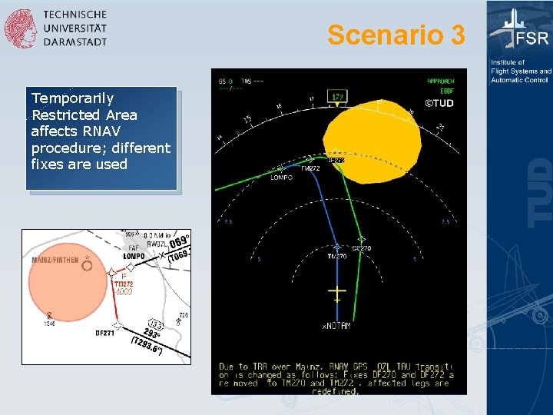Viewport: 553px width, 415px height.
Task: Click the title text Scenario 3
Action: [x=396, y=35]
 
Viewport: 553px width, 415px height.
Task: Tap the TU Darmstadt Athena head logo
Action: [x=20, y=28]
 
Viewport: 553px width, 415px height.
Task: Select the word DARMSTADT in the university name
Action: [x=75, y=41]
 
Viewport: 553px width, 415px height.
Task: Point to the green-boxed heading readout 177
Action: [x=337, y=96]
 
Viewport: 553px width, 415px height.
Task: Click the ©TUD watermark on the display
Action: [x=439, y=103]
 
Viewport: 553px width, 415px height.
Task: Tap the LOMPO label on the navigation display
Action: [x=281, y=178]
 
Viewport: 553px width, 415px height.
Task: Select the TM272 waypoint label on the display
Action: [x=310, y=168]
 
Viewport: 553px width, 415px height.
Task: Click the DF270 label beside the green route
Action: [x=362, y=248]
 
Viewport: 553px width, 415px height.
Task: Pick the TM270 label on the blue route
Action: [x=337, y=257]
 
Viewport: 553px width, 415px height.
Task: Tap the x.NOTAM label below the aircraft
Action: [x=336, y=326]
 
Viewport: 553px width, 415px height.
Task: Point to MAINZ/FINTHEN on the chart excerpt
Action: [x=55, y=260]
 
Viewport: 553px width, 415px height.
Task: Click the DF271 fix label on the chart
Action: [x=105, y=334]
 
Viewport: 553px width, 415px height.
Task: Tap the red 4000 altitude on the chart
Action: [x=124, y=292]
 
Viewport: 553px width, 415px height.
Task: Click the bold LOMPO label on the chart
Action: [x=134, y=256]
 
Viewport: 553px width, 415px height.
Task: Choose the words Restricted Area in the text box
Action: [x=84, y=115]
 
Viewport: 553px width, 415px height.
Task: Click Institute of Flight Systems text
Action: [x=520, y=71]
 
